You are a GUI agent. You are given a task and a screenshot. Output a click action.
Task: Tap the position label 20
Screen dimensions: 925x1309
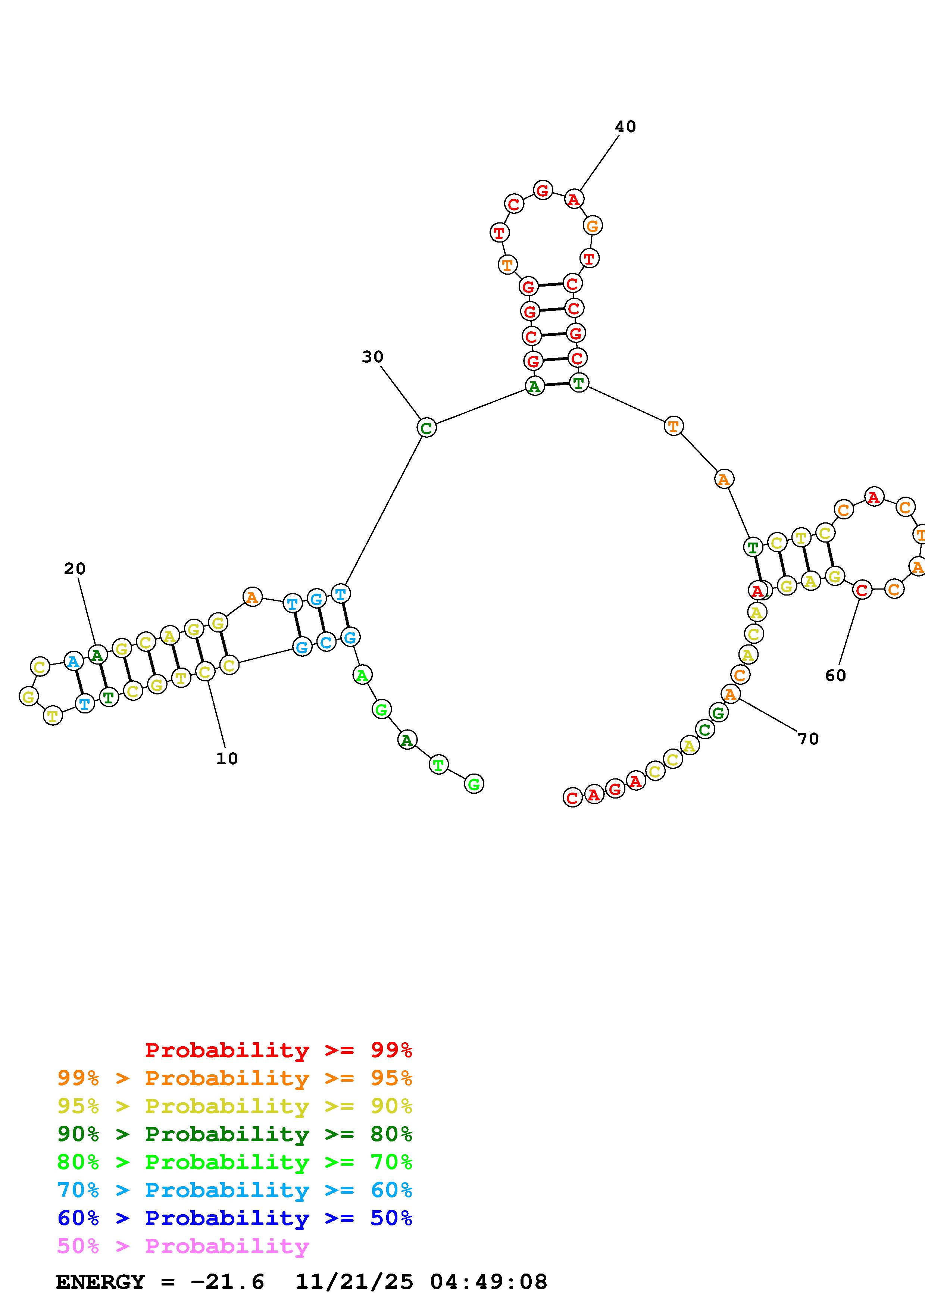tap(75, 568)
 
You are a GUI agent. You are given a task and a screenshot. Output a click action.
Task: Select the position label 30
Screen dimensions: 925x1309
tap(373, 357)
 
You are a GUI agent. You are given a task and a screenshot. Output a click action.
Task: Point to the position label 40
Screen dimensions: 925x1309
tap(625, 126)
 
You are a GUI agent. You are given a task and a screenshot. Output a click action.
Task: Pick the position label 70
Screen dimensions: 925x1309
tap(808, 739)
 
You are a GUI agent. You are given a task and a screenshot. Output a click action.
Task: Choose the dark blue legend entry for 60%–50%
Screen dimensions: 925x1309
tap(235, 1218)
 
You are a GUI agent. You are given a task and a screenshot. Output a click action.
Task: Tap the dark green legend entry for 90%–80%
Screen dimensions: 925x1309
tap(235, 1134)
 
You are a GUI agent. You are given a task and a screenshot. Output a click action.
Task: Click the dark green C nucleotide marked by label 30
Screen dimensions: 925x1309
tap(426, 428)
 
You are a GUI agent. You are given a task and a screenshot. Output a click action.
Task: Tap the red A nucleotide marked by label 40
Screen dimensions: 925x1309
tap(574, 200)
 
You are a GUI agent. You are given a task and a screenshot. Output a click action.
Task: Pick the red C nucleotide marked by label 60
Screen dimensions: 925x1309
tap(862, 590)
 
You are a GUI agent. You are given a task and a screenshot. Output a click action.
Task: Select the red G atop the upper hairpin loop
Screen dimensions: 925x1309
tap(543, 190)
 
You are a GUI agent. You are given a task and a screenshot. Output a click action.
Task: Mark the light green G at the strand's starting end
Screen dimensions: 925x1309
tap(474, 784)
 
